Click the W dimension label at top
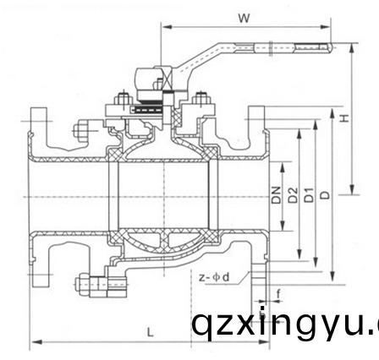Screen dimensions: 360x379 point(244,16)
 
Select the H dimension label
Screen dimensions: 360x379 point(344,117)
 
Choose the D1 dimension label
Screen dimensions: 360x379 point(309,196)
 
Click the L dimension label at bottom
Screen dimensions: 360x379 point(149,331)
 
